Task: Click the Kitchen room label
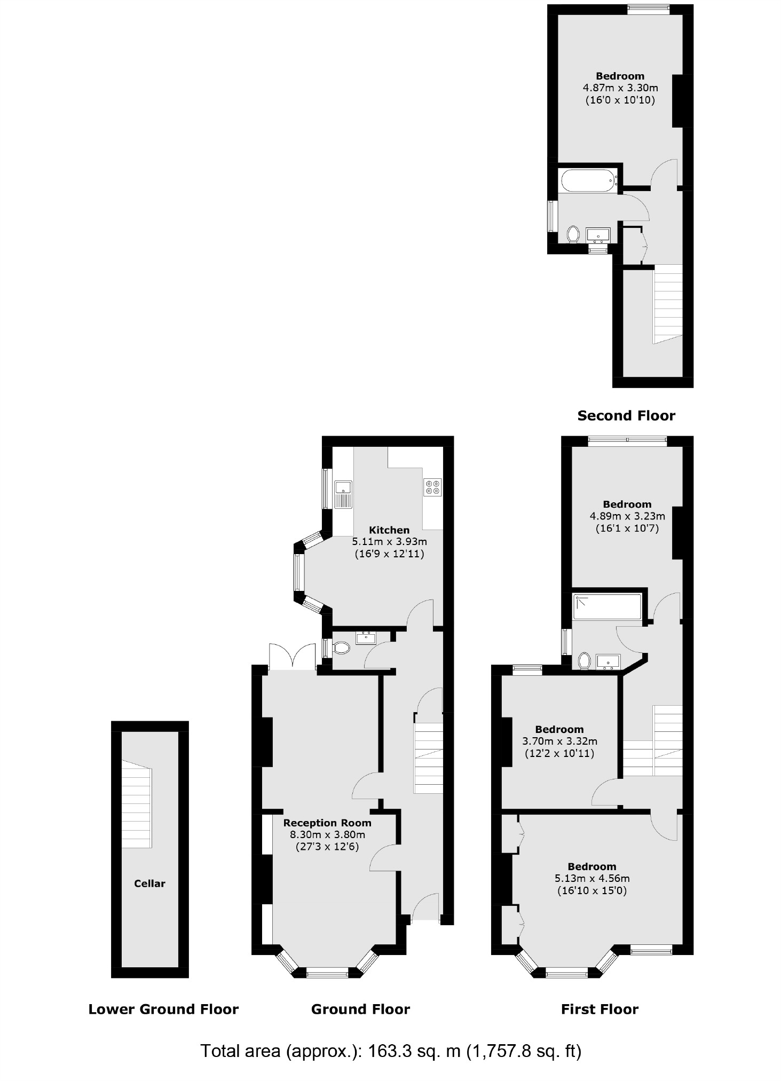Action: (389, 530)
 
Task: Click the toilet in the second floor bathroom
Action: (573, 233)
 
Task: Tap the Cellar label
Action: (149, 883)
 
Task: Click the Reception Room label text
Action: (327, 823)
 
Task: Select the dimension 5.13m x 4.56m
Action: (592, 878)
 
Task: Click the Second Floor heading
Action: (626, 415)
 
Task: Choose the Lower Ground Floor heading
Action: (163, 1009)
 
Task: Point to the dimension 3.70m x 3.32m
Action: (559, 741)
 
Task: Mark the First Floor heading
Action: (599, 1009)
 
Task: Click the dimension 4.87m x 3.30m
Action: (620, 88)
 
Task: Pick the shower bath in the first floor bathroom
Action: (607, 607)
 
